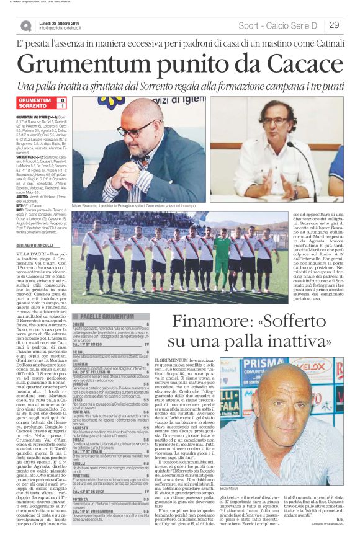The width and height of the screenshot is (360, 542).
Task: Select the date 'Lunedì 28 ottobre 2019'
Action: [64, 22]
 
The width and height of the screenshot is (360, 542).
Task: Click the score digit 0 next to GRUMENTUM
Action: [62, 100]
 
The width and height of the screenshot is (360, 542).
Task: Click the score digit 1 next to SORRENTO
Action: [62, 106]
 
